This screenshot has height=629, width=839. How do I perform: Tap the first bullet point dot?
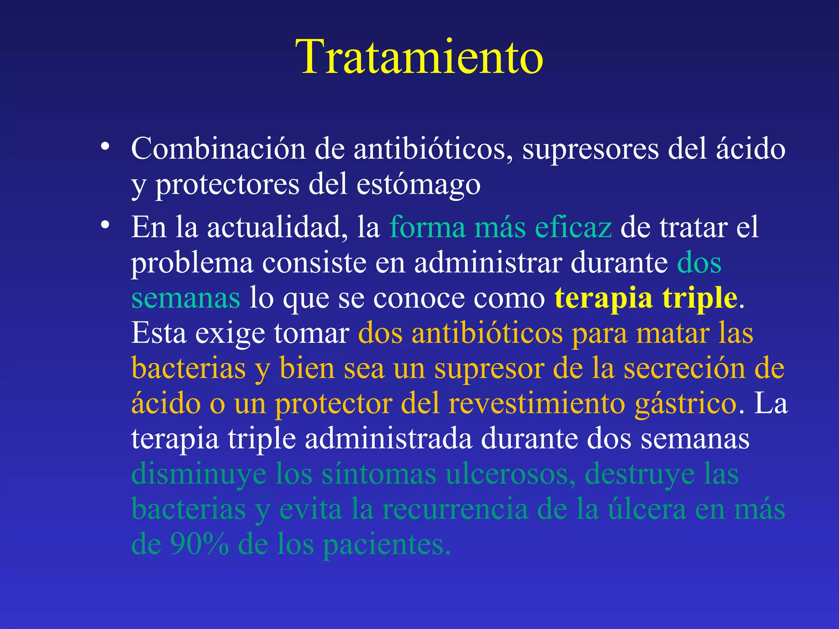105,147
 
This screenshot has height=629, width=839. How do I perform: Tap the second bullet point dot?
105,225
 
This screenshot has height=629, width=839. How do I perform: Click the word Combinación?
218,148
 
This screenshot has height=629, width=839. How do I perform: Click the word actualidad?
274,227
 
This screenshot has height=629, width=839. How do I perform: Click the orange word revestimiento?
537,404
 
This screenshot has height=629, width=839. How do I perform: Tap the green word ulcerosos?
510,474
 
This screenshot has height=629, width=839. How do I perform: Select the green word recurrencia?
455,509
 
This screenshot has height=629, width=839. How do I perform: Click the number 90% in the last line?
199,545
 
